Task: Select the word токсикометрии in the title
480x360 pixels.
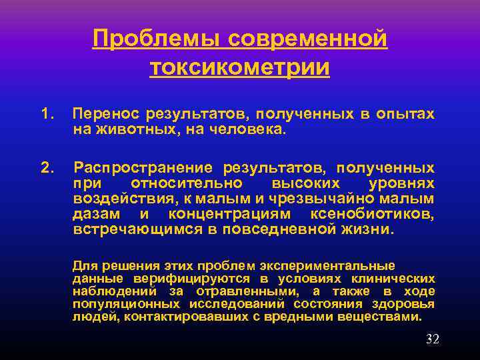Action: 240,68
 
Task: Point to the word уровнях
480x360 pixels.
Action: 401,183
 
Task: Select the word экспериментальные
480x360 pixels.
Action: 335,266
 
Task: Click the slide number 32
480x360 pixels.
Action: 432,339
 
